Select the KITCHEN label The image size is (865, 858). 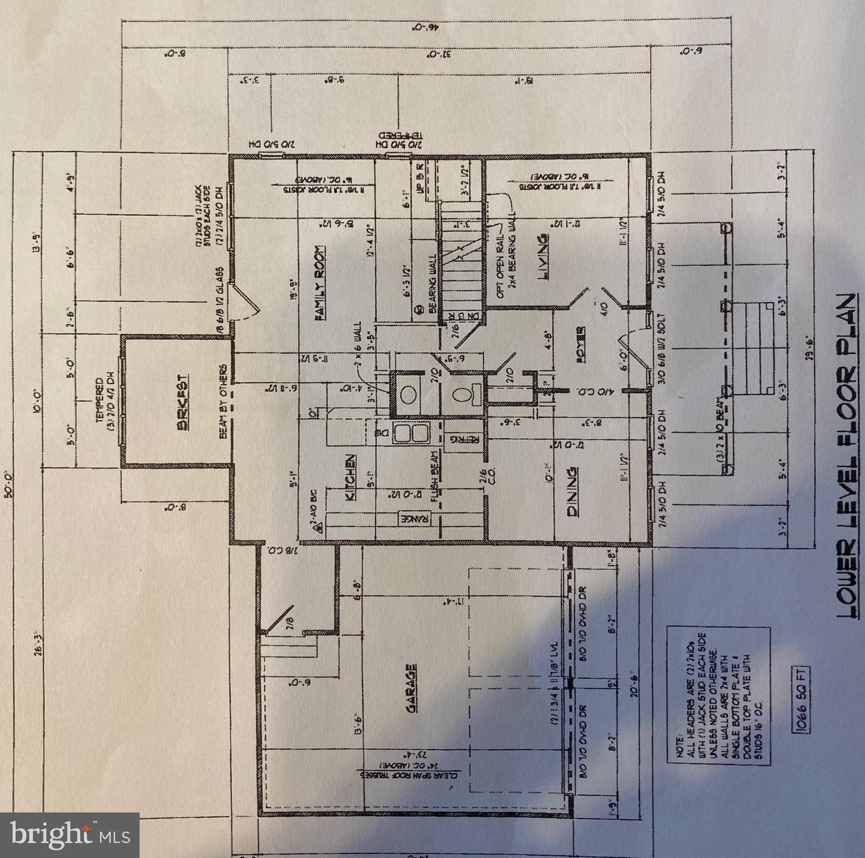tap(351, 478)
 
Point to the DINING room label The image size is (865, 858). tap(573, 491)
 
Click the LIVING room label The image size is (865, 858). tap(543, 258)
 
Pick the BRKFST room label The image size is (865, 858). tap(183, 401)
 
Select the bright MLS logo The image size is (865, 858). tap(70, 835)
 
